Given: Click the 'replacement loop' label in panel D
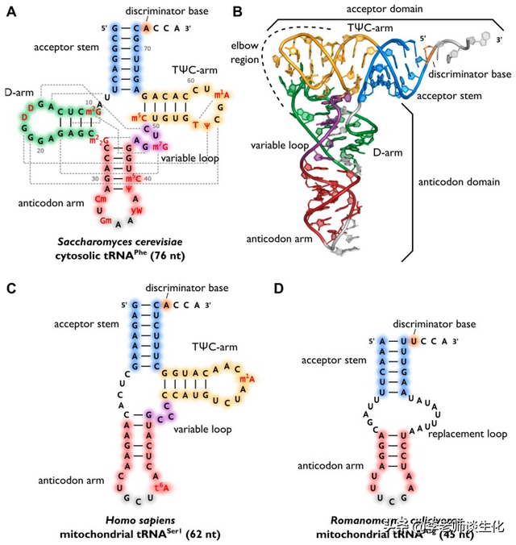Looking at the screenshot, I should pos(467,435).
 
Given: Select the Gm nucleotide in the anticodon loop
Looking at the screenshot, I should pos(106,221).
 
